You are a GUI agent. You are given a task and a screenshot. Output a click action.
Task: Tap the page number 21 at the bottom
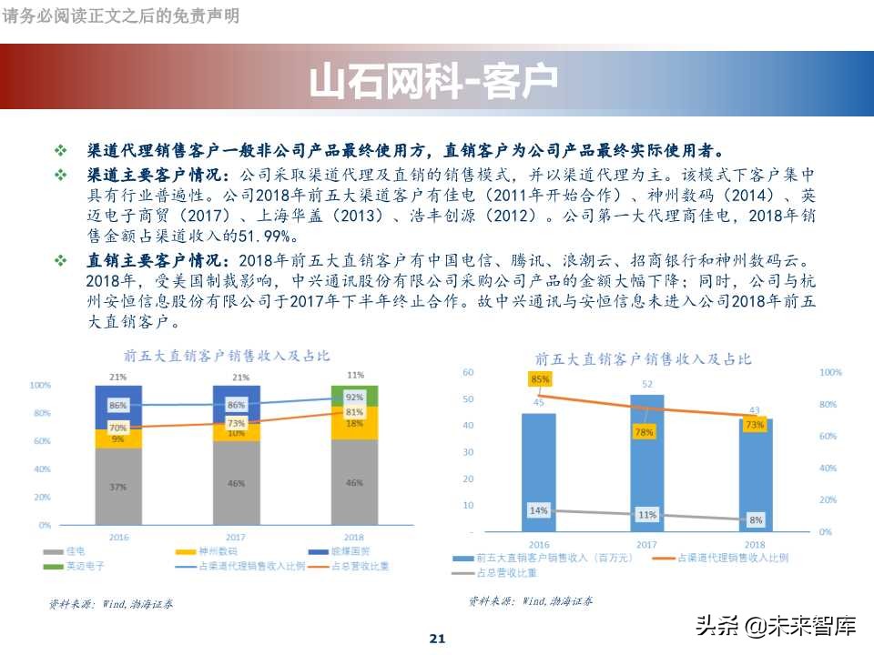(437, 639)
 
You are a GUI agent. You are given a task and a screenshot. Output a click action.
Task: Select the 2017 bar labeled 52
(646, 464)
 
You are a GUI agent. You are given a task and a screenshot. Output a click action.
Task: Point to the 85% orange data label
(539, 378)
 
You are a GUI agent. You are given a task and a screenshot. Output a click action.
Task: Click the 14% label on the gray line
(539, 510)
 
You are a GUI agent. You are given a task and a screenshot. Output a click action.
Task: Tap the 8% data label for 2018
(756, 520)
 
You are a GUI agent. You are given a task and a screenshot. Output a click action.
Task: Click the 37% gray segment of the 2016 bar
(118, 487)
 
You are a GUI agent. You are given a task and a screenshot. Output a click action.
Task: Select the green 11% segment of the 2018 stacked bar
(354, 396)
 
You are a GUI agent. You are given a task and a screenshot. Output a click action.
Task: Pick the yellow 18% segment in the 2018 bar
(354, 423)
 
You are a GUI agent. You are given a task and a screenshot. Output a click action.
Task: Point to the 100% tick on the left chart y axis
(40, 386)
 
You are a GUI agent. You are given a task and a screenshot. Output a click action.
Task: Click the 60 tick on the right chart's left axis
(468, 372)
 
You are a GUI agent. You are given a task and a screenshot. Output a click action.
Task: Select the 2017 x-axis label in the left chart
(236, 538)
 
